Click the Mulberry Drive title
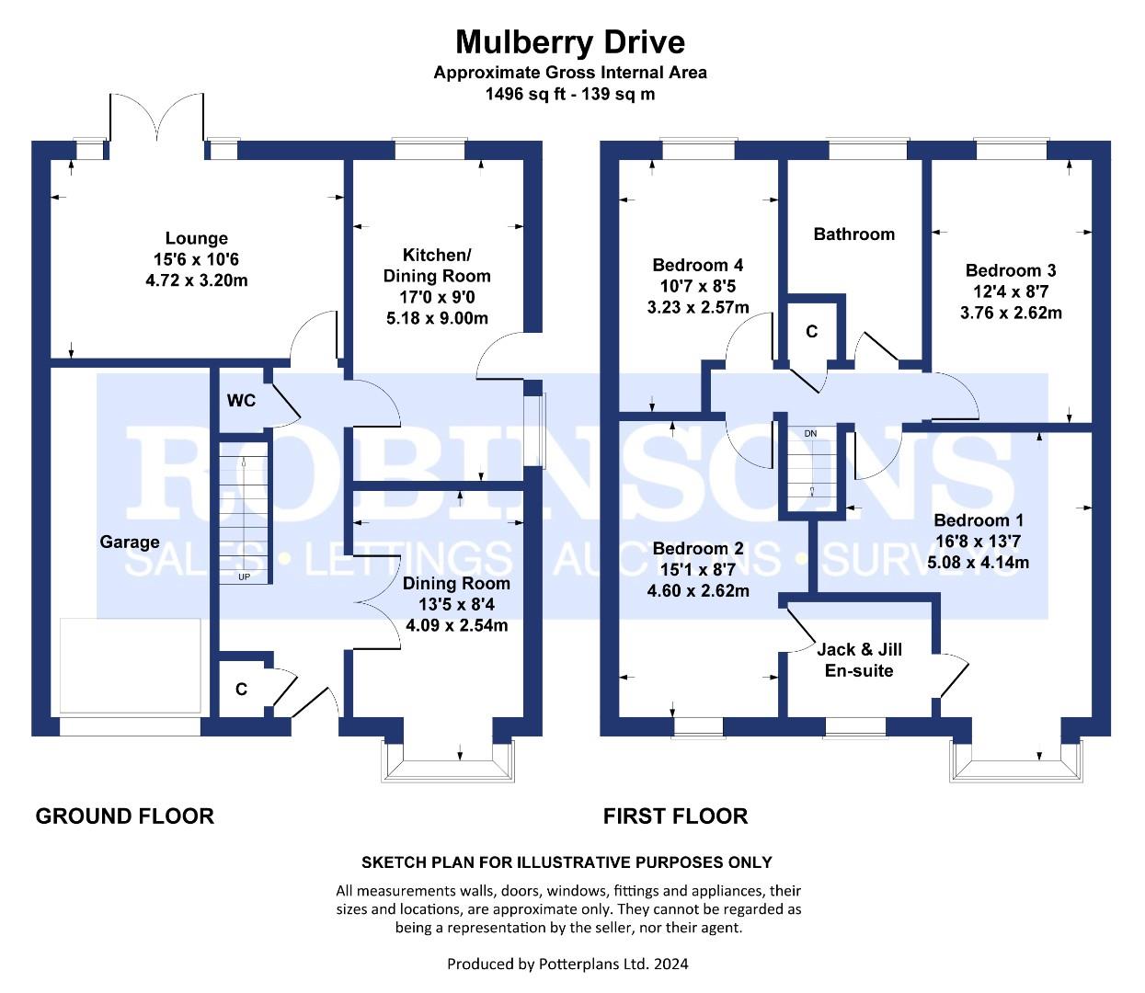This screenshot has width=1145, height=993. tap(570, 42)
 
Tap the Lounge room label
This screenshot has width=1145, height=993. tap(197, 238)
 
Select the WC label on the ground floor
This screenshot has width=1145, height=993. tap(241, 401)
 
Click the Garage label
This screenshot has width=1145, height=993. tap(130, 542)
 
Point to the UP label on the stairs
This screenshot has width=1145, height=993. tap(244, 576)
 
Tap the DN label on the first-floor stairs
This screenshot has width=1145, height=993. tap(810, 434)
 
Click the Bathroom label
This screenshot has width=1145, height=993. tap(854, 234)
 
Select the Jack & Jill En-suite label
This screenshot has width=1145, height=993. tap(859, 660)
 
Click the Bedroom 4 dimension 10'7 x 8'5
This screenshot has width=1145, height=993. tap(698, 287)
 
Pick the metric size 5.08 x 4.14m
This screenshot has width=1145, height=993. tap(978, 562)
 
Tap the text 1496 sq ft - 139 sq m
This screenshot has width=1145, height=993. tap(569, 94)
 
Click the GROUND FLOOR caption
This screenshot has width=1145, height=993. tap(125, 816)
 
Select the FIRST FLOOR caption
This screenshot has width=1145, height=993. tap(675, 816)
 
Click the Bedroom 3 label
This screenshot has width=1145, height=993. tap(1011, 270)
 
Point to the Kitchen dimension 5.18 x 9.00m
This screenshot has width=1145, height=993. tap(437, 318)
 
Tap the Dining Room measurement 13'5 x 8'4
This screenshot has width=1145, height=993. tap(456, 604)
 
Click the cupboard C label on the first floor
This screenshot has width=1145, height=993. tap(811, 332)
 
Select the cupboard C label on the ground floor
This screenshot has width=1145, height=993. tap(241, 690)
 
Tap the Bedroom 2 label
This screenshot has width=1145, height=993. tap(698, 548)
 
